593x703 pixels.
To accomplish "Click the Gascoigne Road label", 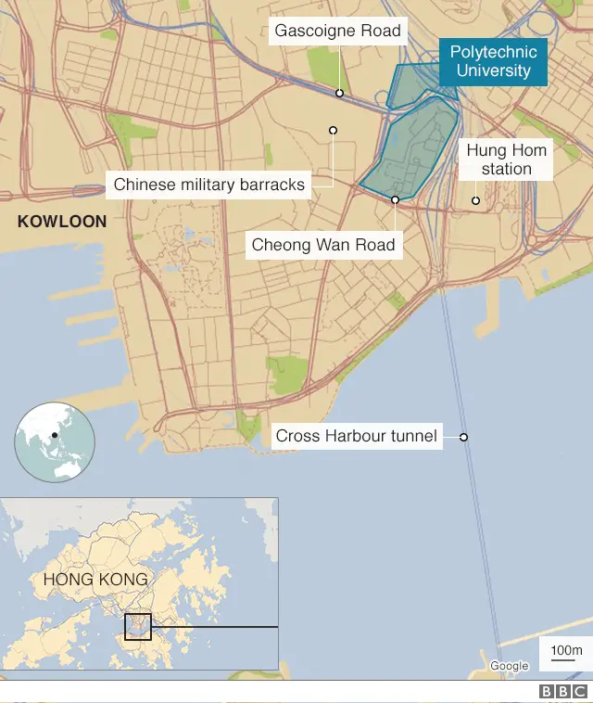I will pyautogui.click(x=337, y=32).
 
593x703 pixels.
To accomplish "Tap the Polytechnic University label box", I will pyautogui.click(x=491, y=61).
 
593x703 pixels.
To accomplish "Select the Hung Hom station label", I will pyautogui.click(x=506, y=160).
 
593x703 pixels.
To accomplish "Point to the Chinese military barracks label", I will pyautogui.click(x=208, y=185).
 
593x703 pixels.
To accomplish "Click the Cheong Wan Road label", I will pyautogui.click(x=323, y=246).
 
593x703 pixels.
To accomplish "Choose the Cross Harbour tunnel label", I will pyautogui.click(x=357, y=436).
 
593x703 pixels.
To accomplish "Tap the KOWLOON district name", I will pyautogui.click(x=62, y=222).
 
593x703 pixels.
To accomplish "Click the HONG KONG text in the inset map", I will pyautogui.click(x=95, y=580).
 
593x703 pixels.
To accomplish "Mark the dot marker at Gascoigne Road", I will pyautogui.click(x=340, y=93).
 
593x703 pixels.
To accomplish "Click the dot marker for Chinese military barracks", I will pyautogui.click(x=333, y=131).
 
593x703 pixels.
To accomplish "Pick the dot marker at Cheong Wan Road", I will pyautogui.click(x=395, y=199).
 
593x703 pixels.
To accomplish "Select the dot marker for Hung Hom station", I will pyautogui.click(x=475, y=200).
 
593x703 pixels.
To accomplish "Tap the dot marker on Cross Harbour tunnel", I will pyautogui.click(x=463, y=437).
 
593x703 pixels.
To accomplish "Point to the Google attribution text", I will pyautogui.click(x=509, y=666).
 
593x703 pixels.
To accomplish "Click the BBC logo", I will pyautogui.click(x=562, y=692).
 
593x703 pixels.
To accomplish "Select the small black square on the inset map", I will pyautogui.click(x=137, y=626).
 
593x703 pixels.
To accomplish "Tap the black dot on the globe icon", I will pyautogui.click(x=55, y=435).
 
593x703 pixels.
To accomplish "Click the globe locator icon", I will pyautogui.click(x=55, y=442).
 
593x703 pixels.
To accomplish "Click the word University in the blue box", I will pyautogui.click(x=491, y=71).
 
